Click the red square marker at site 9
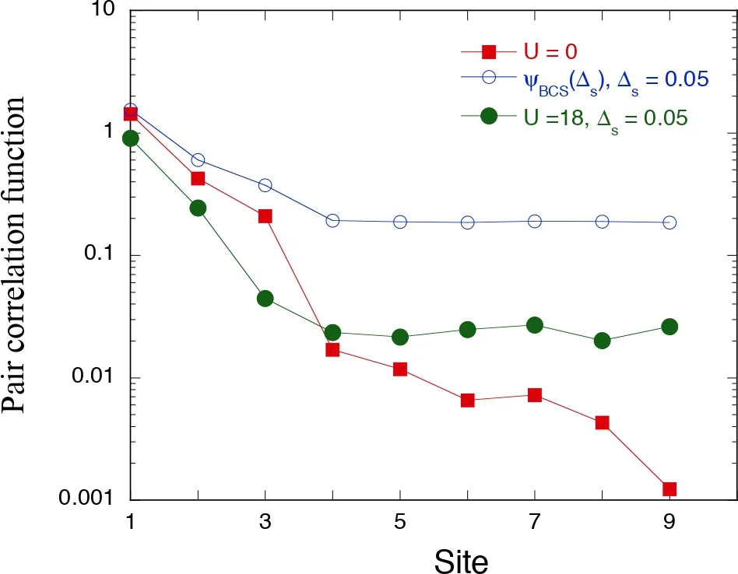(x=669, y=489)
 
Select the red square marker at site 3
(x=265, y=216)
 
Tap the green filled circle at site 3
(x=265, y=299)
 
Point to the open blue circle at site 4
(x=332, y=221)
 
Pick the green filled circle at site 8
(x=602, y=341)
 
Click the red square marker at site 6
(x=467, y=401)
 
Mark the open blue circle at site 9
(x=669, y=222)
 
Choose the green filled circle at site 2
(x=198, y=208)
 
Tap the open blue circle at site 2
(x=198, y=160)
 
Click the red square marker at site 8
(x=602, y=423)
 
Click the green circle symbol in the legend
(x=489, y=116)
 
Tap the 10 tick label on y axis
(x=104, y=12)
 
